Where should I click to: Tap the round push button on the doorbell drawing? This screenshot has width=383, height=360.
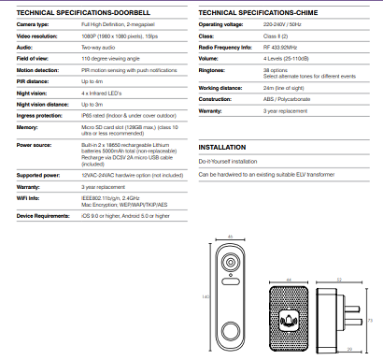point(230,331)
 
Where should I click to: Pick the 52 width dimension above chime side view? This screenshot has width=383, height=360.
point(339,279)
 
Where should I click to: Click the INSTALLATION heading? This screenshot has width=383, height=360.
point(221,148)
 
